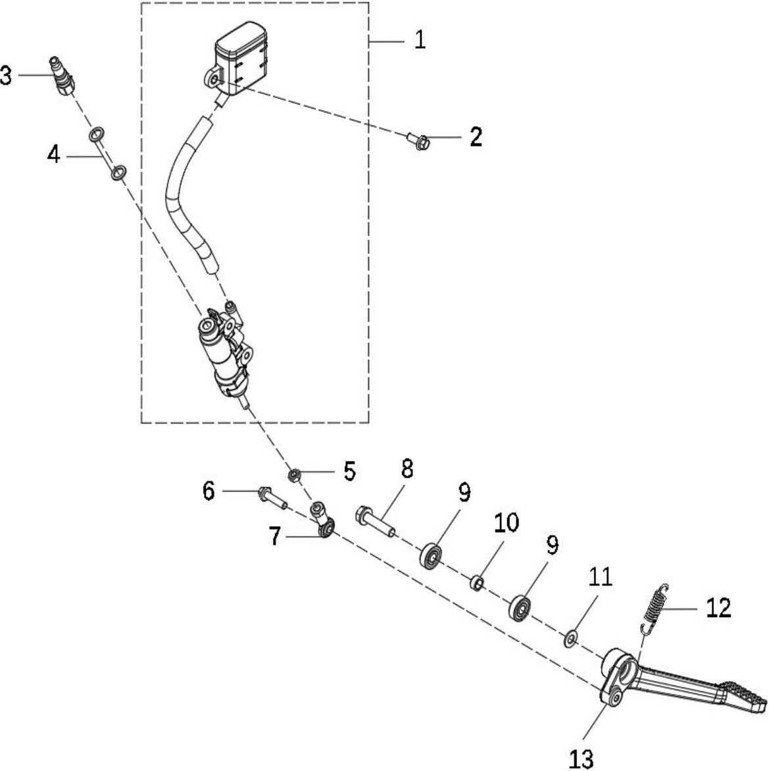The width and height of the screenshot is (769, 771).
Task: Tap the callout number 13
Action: (x=581, y=759)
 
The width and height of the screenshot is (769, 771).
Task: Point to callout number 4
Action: (x=53, y=155)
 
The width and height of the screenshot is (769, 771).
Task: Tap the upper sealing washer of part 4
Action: (x=97, y=134)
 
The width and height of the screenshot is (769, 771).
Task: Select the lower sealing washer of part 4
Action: (x=118, y=172)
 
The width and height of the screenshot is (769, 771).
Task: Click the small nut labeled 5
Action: (x=294, y=476)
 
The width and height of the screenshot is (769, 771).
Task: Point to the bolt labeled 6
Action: (x=272, y=497)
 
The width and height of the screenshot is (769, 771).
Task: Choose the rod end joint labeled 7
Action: (x=322, y=520)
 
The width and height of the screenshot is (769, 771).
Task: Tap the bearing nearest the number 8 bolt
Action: (x=431, y=555)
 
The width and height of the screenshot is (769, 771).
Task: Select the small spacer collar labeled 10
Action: (x=476, y=583)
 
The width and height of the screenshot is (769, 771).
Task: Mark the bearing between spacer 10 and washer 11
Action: (x=519, y=608)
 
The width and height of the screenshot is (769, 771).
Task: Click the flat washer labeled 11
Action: (x=570, y=638)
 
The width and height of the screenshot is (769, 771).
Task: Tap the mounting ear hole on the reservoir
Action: (x=213, y=78)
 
